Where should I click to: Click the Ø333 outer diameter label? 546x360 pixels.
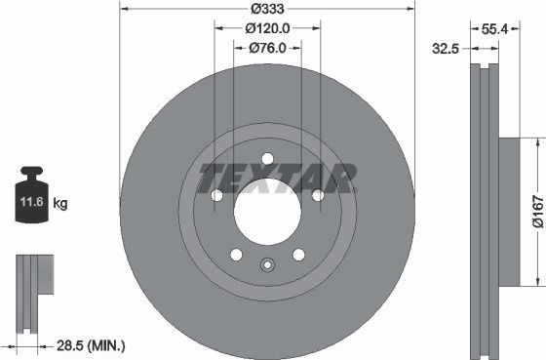[x=266, y=10]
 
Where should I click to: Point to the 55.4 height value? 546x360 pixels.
[x=495, y=30]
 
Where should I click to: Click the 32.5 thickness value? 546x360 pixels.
[x=448, y=47]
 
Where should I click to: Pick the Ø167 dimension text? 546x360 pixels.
[x=537, y=213]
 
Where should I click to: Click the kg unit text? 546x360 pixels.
[x=60, y=204]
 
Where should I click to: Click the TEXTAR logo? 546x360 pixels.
[x=277, y=180]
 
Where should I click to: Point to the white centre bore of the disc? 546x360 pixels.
[x=267, y=213]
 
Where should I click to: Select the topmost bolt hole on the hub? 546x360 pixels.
[x=267, y=159]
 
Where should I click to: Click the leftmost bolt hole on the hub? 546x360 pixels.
[x=216, y=196]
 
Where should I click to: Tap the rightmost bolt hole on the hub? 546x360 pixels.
[x=318, y=196]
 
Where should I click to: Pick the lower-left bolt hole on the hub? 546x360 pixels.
[x=236, y=255]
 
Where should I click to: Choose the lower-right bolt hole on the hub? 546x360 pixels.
[x=298, y=255]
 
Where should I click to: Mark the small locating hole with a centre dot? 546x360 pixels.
[x=267, y=262]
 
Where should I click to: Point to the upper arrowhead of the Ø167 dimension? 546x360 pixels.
[x=535, y=142]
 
